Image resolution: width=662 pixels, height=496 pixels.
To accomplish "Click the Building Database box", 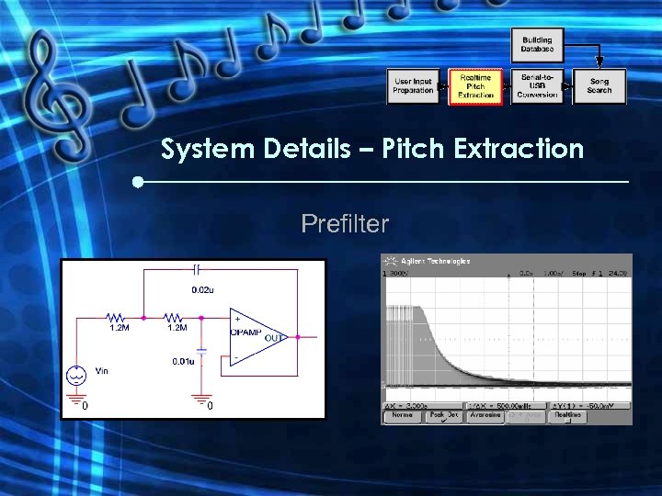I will (x=537, y=45).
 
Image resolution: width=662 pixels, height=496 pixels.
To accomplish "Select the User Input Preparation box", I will (x=413, y=86).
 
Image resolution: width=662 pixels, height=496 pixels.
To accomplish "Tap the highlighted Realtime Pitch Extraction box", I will (x=475, y=87).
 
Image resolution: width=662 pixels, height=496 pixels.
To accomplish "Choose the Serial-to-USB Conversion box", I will (x=538, y=86).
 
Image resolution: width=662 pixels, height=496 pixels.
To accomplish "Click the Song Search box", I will (x=599, y=86).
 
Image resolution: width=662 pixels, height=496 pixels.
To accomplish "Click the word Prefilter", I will (x=345, y=223).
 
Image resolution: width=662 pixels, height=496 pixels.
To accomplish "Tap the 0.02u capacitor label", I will (x=202, y=289).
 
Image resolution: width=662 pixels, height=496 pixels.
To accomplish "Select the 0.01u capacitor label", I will (x=183, y=361).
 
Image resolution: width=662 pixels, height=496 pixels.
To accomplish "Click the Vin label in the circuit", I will (x=101, y=370).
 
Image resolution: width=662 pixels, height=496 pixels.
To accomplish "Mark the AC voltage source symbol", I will (x=76, y=375).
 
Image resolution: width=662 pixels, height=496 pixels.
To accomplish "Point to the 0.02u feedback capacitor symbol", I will (x=197, y=270).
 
